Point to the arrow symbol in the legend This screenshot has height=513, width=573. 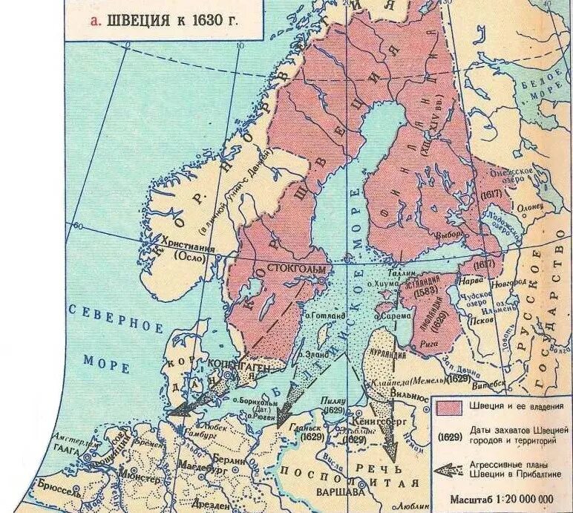click(x=450, y=470)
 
